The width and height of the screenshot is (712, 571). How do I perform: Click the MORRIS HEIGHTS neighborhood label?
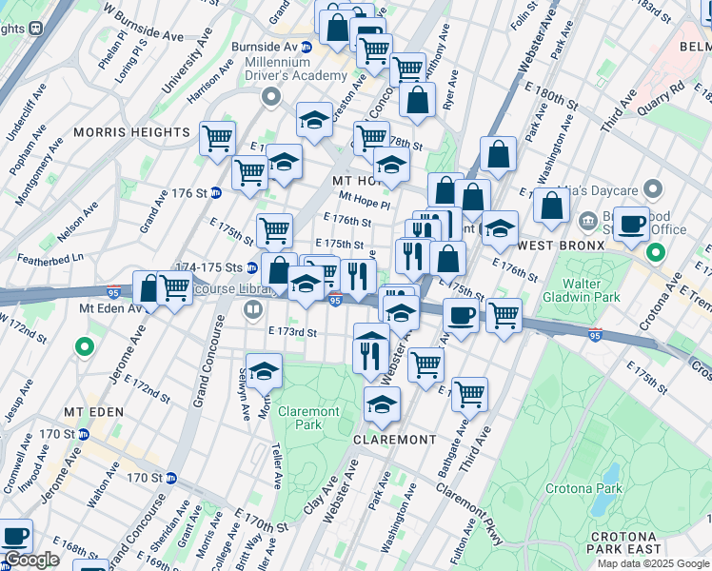(x=131, y=132)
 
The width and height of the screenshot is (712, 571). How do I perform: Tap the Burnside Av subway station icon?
(x=307, y=47)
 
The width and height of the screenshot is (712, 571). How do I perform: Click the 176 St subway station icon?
(x=216, y=192)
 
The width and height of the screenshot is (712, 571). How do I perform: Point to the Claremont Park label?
(x=309, y=419)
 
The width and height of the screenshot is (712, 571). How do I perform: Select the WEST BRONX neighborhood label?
(x=561, y=246)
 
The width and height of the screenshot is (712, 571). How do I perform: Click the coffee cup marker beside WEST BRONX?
(x=631, y=224)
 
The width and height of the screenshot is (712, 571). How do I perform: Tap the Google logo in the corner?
(x=31, y=560)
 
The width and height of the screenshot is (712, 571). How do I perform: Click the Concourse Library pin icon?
(x=253, y=308)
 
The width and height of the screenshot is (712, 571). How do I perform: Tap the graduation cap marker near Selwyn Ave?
(x=265, y=371)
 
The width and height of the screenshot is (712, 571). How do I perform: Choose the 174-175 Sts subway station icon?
(x=252, y=268)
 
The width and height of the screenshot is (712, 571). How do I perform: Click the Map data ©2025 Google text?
(x=653, y=563)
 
